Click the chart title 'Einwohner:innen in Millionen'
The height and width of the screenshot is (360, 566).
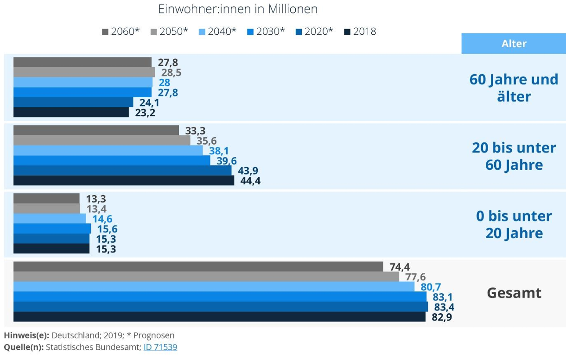(237, 9)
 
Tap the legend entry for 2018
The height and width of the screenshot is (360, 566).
(360, 32)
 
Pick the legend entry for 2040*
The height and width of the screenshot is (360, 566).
(217, 32)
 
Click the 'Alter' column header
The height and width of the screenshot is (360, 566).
(514, 44)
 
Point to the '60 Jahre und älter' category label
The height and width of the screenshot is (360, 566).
(514, 88)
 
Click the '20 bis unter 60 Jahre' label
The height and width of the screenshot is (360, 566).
(514, 156)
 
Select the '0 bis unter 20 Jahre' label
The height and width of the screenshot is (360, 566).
(514, 224)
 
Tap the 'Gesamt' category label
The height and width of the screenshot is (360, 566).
(514, 293)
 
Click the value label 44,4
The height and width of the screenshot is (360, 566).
(250, 181)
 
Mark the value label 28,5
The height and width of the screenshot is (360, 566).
(171, 73)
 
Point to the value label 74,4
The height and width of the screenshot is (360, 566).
(400, 267)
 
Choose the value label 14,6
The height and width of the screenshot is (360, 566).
(102, 219)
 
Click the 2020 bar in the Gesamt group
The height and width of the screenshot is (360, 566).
(221, 307)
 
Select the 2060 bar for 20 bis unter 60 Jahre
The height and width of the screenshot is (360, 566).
(96, 130)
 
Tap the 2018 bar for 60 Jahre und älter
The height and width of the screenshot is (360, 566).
(71, 112)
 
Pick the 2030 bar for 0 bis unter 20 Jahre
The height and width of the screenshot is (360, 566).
(52, 228)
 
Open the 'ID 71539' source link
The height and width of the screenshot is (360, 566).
(160, 347)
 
